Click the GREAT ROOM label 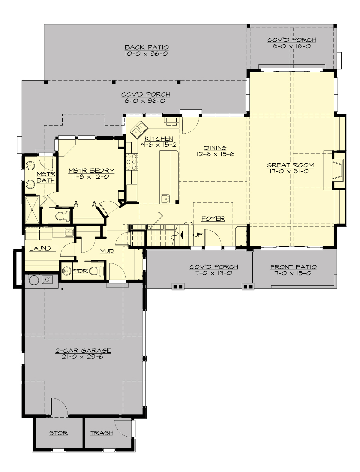click(290, 165)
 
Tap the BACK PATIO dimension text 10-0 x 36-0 click(146, 54)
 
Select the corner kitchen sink click(138, 130)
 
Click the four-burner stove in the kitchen click(132, 162)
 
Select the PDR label click(80, 271)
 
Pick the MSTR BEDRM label click(91, 171)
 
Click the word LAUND click(40, 248)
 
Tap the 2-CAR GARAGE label click(83, 350)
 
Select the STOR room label click(58, 433)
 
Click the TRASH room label click(101, 433)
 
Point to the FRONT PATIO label click(293, 267)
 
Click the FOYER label click(213, 219)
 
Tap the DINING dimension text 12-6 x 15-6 click(215, 154)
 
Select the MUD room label click(107, 251)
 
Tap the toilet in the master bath click(63, 215)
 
